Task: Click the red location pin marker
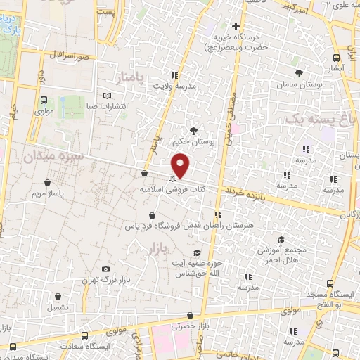tap(181, 165)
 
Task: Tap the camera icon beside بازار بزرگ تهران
tap(105, 269)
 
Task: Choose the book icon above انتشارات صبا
tap(107, 96)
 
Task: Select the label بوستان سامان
tap(300, 84)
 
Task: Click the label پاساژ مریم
tap(49, 192)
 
